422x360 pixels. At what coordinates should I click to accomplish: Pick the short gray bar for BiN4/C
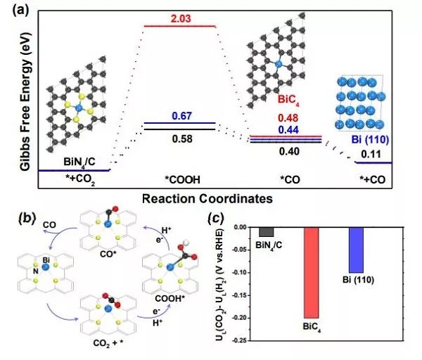click(266, 232)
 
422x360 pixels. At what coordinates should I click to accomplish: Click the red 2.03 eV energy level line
click(180, 27)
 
